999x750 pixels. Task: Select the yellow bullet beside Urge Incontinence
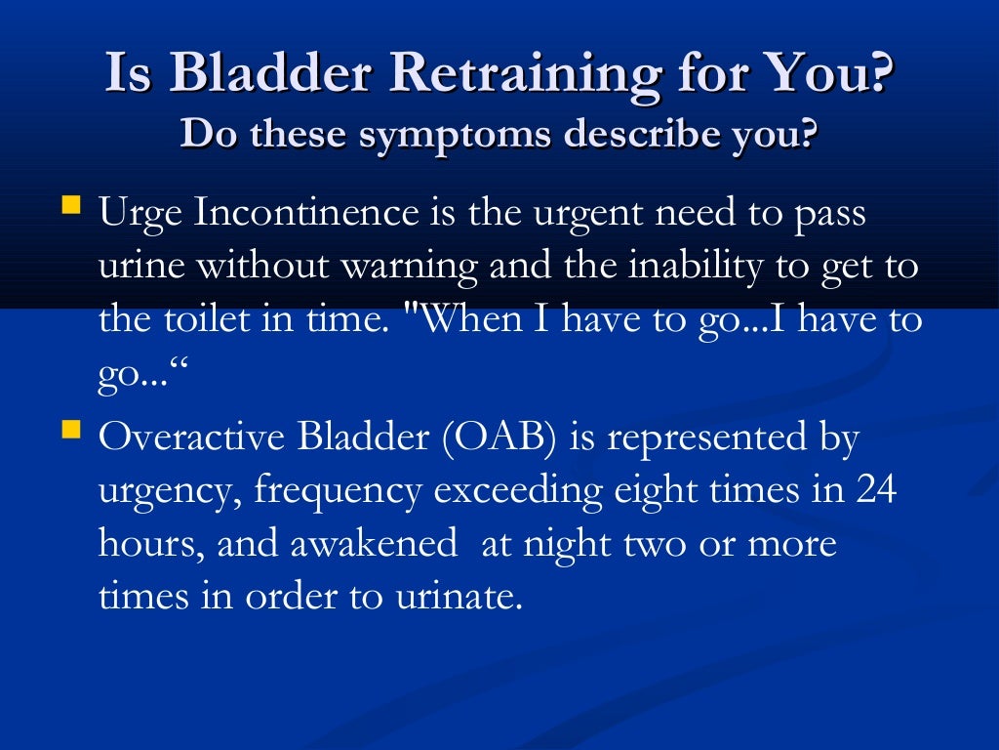tap(71, 206)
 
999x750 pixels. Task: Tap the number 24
tap(875, 489)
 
